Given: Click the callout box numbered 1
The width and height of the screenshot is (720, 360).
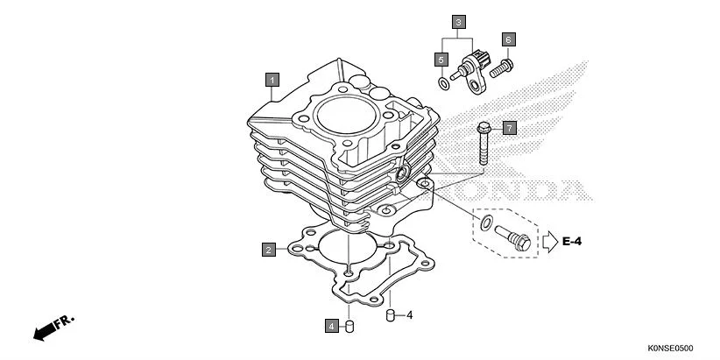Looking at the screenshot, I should pos(272,81).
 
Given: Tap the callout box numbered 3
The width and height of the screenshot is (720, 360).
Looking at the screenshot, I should pos(459,20).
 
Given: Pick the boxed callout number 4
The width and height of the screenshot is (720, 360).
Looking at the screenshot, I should pos(331,326).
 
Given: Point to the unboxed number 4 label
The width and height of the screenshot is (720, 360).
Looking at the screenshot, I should pos(408,315).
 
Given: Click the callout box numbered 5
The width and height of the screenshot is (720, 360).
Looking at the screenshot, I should pos(441,59).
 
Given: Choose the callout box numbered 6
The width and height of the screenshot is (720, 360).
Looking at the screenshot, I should pos(508,39).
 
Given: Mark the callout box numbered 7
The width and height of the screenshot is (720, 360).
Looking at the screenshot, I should pos(510,127).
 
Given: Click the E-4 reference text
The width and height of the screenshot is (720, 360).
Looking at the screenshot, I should pos(573,240).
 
